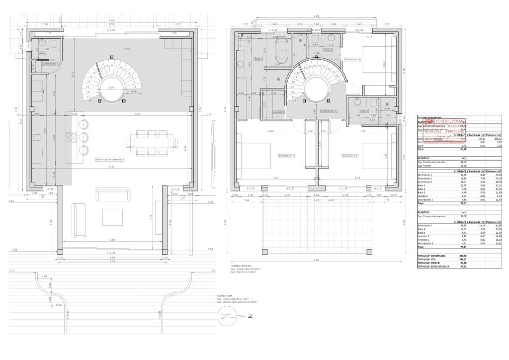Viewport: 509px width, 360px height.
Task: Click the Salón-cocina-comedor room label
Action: point(109,160)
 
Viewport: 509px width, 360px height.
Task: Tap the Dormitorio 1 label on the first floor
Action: point(287,156)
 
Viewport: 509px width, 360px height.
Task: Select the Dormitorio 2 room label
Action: point(350,156)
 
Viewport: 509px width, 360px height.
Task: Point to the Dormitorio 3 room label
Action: point(352,59)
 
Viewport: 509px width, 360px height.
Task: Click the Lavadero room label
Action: point(278,112)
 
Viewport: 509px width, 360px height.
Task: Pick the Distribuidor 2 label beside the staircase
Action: point(329,110)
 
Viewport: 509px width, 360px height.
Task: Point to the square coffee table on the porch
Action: point(112,217)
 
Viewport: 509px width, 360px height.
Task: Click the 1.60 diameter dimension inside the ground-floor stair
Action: point(111,88)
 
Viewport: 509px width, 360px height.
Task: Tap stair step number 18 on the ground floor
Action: point(90,100)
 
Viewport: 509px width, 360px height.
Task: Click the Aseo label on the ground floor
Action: point(42,53)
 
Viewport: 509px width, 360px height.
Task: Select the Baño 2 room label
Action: point(363,110)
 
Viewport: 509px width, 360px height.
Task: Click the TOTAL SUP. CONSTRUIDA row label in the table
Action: point(429,255)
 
